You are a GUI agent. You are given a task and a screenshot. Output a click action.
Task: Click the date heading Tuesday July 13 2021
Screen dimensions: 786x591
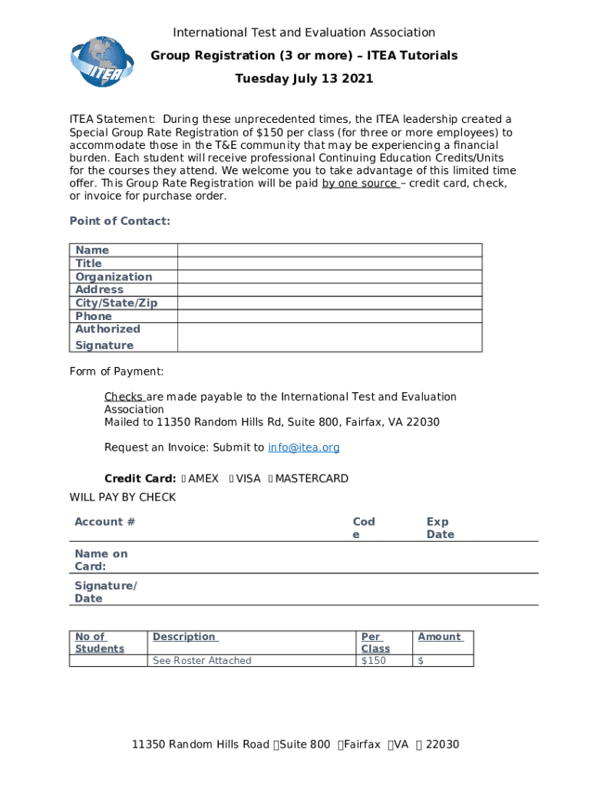click(x=304, y=78)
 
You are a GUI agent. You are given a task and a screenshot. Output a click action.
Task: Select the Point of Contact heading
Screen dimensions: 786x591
click(x=120, y=221)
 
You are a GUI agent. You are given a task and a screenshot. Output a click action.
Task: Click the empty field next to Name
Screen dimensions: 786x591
click(x=329, y=249)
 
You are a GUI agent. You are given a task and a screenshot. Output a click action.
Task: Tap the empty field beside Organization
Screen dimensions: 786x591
click(x=329, y=276)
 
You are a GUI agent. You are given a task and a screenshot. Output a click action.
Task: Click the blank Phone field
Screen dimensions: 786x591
click(x=329, y=316)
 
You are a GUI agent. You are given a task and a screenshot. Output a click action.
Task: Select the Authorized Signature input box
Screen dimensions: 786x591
click(x=329, y=337)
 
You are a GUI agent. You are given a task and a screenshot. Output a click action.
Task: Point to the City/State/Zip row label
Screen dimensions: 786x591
click(x=116, y=302)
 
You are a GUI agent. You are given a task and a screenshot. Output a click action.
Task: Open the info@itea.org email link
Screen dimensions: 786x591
click(x=303, y=447)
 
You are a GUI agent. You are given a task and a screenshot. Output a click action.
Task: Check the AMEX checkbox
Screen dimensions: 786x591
click(x=184, y=479)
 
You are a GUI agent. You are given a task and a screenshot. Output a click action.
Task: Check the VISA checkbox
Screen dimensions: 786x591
click(x=232, y=479)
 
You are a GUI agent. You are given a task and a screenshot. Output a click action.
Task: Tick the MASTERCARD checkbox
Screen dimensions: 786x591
click(x=270, y=479)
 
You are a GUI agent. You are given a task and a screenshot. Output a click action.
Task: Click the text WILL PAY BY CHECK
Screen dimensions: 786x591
click(x=123, y=497)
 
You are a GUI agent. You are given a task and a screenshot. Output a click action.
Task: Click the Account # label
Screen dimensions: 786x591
click(x=104, y=522)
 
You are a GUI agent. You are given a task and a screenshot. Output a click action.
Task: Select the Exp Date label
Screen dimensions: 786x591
click(x=440, y=528)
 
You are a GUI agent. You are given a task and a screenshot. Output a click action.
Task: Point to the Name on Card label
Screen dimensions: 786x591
click(x=101, y=560)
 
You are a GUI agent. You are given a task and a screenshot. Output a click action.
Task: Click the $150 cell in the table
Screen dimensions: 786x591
click(x=374, y=661)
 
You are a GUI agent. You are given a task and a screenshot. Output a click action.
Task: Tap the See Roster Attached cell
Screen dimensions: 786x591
click(x=202, y=661)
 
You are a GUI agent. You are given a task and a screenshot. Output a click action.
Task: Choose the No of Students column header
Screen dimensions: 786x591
click(x=99, y=642)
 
